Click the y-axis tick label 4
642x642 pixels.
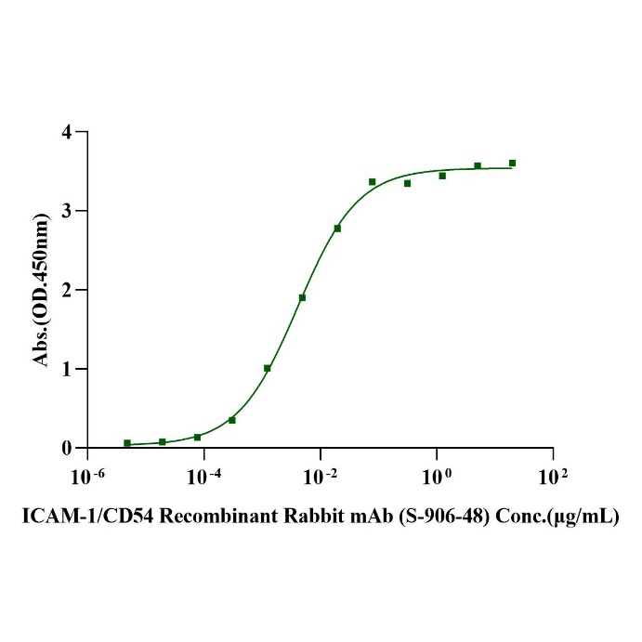pyautogui.click(x=68, y=132)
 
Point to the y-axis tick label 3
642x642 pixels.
pyautogui.click(x=68, y=211)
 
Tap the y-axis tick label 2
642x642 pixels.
pyautogui.click(x=68, y=290)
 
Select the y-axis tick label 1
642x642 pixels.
pyautogui.click(x=68, y=369)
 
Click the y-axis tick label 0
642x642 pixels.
pyautogui.click(x=68, y=448)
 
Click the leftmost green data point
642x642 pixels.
pyautogui.click(x=127, y=443)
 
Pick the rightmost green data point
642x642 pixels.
pyautogui.click(x=512, y=163)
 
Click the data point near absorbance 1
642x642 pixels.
pyautogui.click(x=268, y=368)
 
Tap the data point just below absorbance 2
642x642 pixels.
pyautogui.click(x=302, y=297)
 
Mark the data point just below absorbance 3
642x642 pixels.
pyautogui.click(x=337, y=228)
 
